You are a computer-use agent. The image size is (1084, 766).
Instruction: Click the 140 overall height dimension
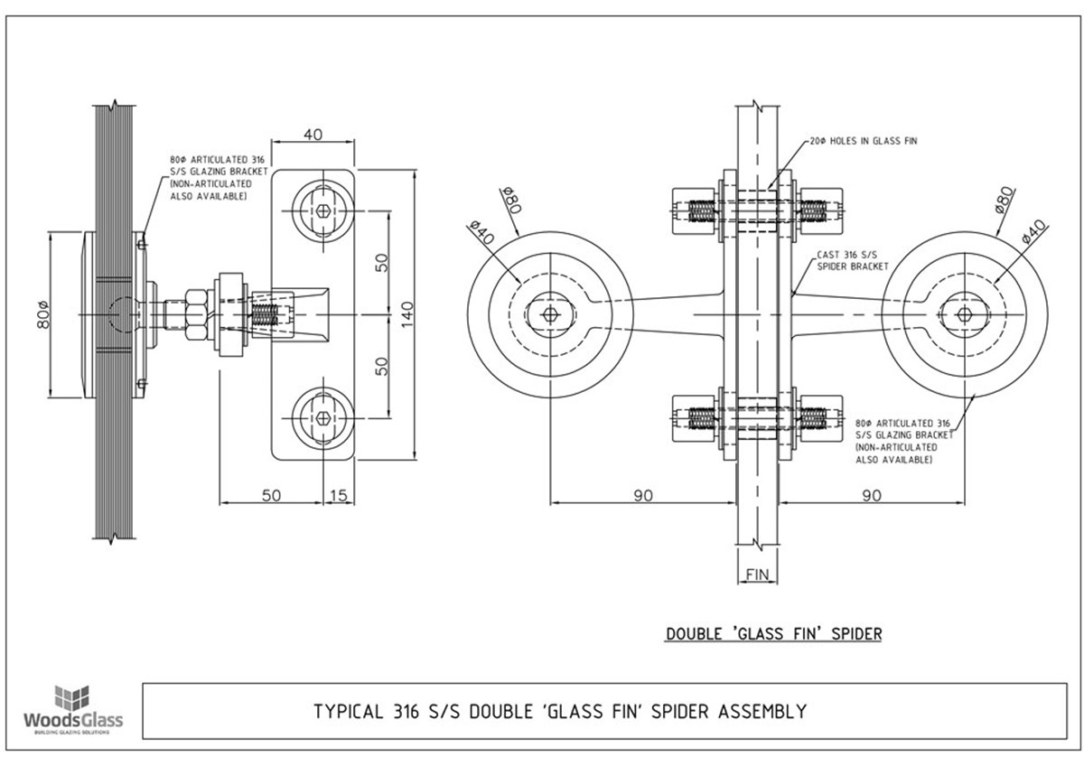coord(406,313)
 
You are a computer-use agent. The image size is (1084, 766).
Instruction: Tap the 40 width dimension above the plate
coord(313,135)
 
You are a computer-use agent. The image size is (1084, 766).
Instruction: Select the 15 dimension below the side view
coord(340,494)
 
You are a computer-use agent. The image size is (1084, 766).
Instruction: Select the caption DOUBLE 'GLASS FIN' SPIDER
coord(773,633)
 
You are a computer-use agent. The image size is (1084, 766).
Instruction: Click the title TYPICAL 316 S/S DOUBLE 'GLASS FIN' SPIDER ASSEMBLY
coord(560,711)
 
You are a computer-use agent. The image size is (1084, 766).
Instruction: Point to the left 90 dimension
coord(642,494)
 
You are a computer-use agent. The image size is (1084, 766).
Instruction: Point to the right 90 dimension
coord(873,494)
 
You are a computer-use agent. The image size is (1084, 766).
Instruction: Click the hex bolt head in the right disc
coord(964,313)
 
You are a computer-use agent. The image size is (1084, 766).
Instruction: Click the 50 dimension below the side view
coord(272,494)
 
